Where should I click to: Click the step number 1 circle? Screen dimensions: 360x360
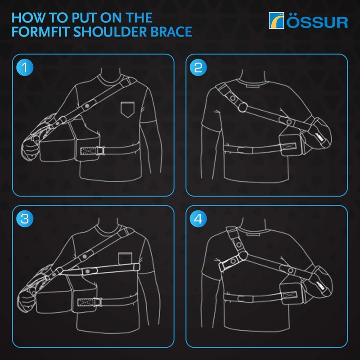click(24, 68)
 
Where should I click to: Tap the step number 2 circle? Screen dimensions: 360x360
click(198, 68)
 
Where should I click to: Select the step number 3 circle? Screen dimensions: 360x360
click(24, 219)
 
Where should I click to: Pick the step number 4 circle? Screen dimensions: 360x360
click(198, 219)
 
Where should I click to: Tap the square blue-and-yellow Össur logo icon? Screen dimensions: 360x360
click(276, 21)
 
